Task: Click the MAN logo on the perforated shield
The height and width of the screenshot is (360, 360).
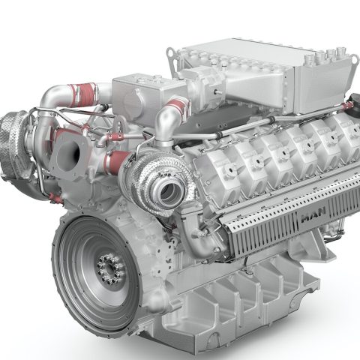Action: [x=313, y=214]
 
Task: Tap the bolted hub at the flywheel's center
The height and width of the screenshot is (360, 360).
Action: [x=111, y=269]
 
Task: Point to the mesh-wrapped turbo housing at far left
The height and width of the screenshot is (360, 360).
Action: [x=13, y=145]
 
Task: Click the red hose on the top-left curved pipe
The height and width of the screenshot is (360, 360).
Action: [x=83, y=94]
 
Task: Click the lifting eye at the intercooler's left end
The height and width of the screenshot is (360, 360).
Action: [x=171, y=53]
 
